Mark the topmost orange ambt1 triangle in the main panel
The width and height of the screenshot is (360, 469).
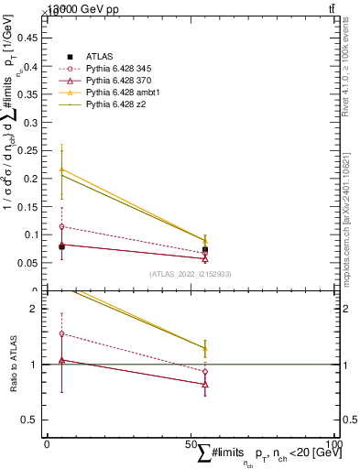[61, 169]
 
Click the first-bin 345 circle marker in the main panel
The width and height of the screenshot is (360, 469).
[61, 226]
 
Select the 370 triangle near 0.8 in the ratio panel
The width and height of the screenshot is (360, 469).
[205, 384]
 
